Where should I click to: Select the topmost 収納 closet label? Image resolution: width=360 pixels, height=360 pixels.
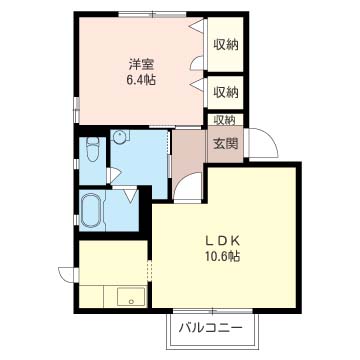[224, 43]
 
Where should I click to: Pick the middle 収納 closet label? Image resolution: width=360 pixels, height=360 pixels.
[224, 92]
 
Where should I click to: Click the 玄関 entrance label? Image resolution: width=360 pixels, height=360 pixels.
[223, 143]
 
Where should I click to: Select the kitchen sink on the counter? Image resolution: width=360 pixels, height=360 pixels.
[128, 296]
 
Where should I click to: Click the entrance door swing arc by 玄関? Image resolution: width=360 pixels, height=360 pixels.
[260, 145]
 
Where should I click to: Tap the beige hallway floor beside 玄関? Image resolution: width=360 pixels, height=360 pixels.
[187, 150]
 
